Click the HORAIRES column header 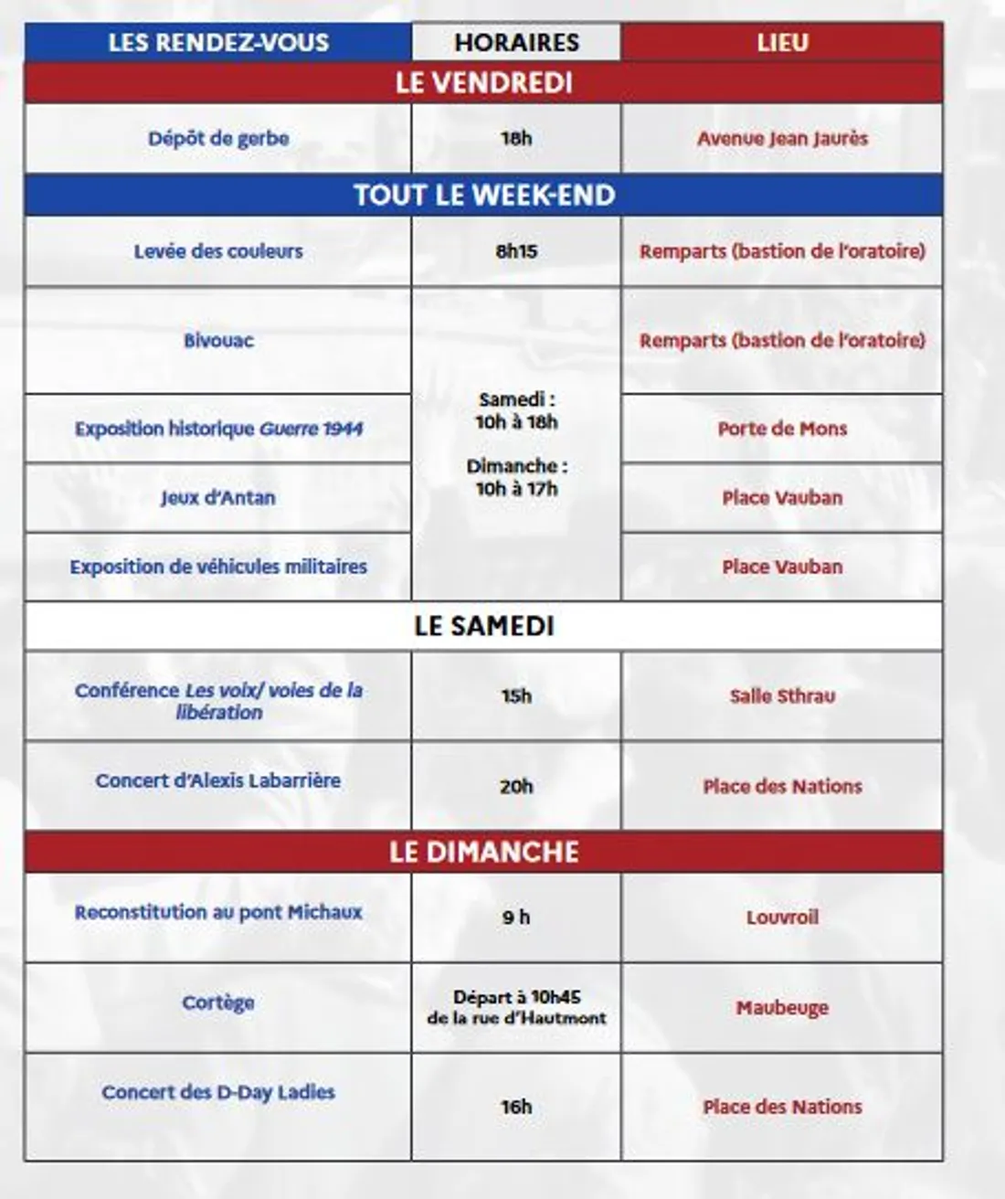point(516,43)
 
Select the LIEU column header point(782,43)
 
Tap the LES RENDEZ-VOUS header point(218,43)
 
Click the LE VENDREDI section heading point(483,83)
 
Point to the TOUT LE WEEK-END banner point(483,195)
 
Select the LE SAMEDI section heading point(483,626)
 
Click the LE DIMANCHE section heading point(483,852)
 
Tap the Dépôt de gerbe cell point(218,139)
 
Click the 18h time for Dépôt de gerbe point(516,139)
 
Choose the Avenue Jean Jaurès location point(782,139)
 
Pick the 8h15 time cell point(516,251)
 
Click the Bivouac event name point(218,341)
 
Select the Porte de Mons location point(782,429)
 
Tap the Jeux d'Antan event point(218,498)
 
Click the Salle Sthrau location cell point(782,696)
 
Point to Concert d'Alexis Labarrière point(218,781)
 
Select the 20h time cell point(516,786)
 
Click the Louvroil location point(782,918)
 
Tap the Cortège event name point(218,1003)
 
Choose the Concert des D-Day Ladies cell point(218,1093)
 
